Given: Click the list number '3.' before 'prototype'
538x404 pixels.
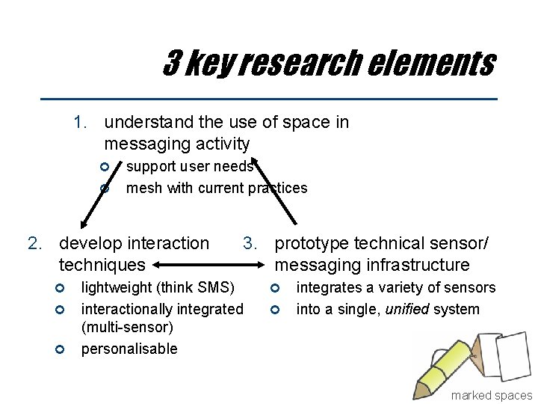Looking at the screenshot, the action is (251, 243).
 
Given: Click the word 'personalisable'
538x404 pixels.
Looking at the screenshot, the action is (129, 349).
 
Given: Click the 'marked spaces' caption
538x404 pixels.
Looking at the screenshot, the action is (491, 395).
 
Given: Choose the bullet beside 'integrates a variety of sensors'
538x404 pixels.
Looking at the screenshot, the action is (276, 287).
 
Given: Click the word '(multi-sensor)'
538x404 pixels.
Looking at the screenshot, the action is (127, 327).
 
